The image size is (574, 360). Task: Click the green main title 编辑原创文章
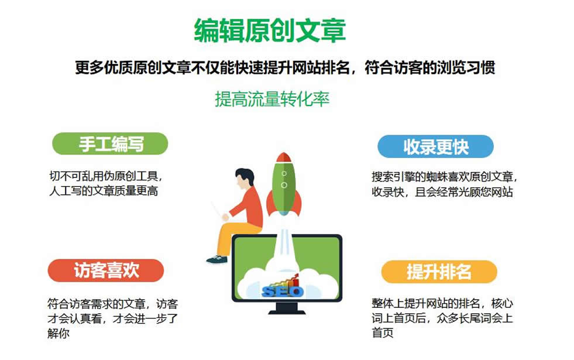click(x=270, y=30)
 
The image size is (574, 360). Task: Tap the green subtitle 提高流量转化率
click(x=272, y=99)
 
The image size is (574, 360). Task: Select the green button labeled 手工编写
click(x=110, y=143)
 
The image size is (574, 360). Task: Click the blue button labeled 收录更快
click(x=436, y=146)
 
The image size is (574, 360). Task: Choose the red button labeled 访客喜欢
click(x=106, y=270)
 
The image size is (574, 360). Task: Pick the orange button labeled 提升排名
click(x=439, y=272)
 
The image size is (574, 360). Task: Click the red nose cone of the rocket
click(x=284, y=157)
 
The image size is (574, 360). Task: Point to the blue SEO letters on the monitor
click(x=282, y=291)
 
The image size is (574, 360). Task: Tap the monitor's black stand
click(x=287, y=308)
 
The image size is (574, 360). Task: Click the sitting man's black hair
click(x=245, y=174)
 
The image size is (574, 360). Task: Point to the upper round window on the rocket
click(x=284, y=174)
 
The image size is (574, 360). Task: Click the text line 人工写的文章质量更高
click(x=104, y=191)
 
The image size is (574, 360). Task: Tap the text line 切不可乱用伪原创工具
click(x=105, y=176)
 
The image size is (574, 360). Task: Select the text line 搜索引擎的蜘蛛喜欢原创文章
click(x=445, y=177)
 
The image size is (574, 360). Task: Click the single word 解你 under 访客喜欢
click(x=58, y=333)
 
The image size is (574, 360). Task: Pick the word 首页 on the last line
click(x=383, y=332)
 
